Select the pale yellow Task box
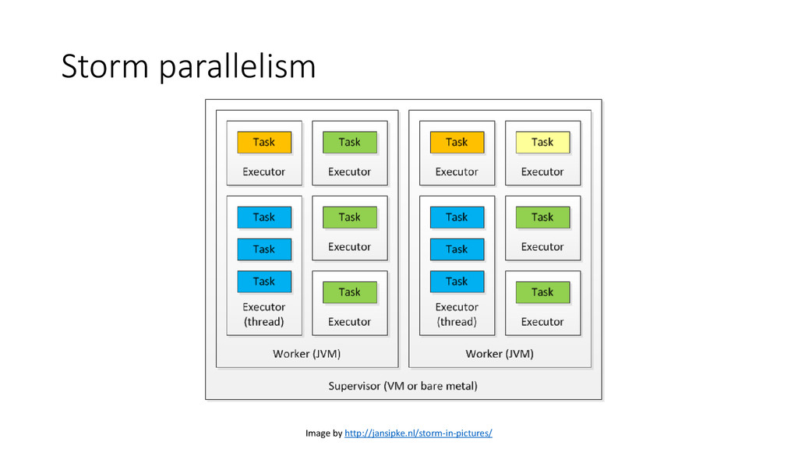[542, 142]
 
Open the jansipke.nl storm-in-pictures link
[418, 433]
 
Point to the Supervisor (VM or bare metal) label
[403, 386]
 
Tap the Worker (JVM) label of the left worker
[307, 354]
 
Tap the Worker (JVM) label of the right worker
[500, 354]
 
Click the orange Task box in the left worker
[264, 142]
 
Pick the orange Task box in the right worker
[457, 142]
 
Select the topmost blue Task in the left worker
[264, 217]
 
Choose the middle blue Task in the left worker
[264, 249]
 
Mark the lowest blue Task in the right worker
[457, 281]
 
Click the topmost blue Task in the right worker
[457, 217]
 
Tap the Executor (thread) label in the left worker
[263, 314]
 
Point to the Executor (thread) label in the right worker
[457, 314]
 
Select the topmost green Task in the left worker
[350, 142]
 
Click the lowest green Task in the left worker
[350, 292]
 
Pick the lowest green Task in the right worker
[542, 292]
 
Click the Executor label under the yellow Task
[542, 171]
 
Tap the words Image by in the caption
[323, 433]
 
